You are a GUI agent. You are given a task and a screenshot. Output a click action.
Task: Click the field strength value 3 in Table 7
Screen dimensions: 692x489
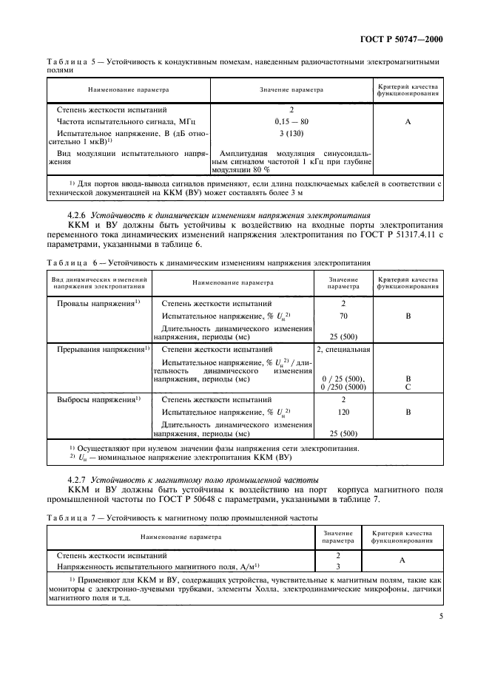coord(337,566)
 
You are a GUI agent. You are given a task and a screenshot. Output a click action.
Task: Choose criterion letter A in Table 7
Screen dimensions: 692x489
coord(402,560)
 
